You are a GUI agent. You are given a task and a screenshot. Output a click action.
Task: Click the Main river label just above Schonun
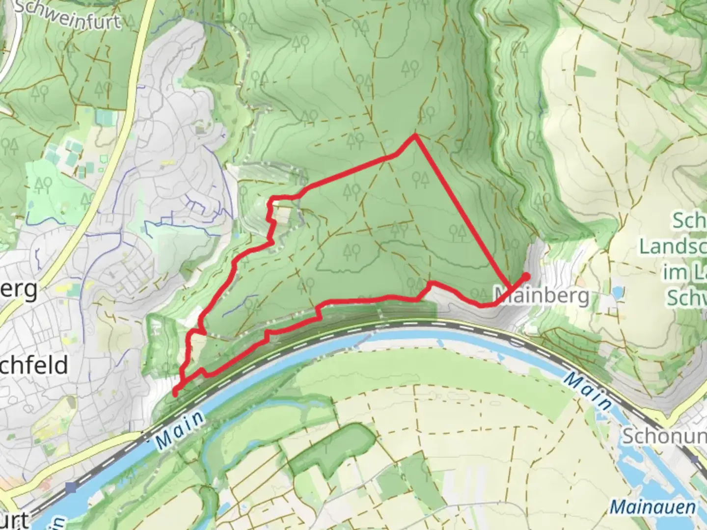point(587,392)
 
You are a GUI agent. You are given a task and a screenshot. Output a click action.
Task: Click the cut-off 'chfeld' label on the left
point(33,366)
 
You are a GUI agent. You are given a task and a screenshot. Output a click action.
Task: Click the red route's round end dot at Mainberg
point(526,276)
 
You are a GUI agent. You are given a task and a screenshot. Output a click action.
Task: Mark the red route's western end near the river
point(175,392)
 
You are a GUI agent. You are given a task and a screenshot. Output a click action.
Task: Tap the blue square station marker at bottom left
point(72,487)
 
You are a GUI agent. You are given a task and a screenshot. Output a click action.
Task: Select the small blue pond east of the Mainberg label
point(617,292)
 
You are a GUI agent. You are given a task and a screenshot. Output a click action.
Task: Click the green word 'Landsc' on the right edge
point(673,247)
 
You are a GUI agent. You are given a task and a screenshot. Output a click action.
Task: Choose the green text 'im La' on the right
point(684,273)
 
